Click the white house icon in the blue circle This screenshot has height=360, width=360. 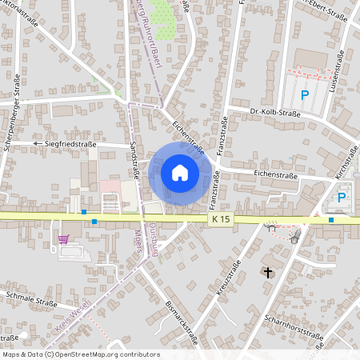[180, 173]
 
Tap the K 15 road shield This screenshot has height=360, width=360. [222, 218]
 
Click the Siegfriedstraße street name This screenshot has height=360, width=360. [70, 144]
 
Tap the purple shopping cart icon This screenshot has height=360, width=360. [63, 238]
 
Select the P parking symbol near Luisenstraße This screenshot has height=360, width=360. [305, 95]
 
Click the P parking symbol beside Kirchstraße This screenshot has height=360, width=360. [342, 198]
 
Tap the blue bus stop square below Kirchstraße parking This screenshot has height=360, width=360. [330, 219]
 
